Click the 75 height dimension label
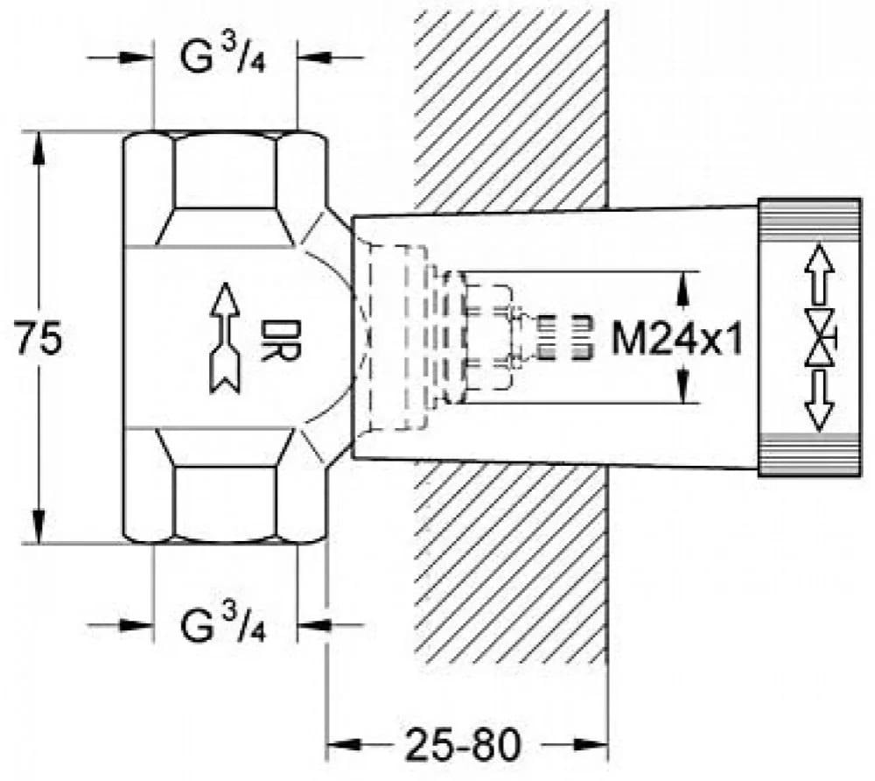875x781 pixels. click(x=38, y=337)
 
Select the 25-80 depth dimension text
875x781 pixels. click(x=463, y=745)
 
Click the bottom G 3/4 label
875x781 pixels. click(x=223, y=624)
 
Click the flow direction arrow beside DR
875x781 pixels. click(x=225, y=338)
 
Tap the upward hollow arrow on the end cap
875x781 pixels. click(x=819, y=265)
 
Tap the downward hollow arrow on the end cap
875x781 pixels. click(x=819, y=401)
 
